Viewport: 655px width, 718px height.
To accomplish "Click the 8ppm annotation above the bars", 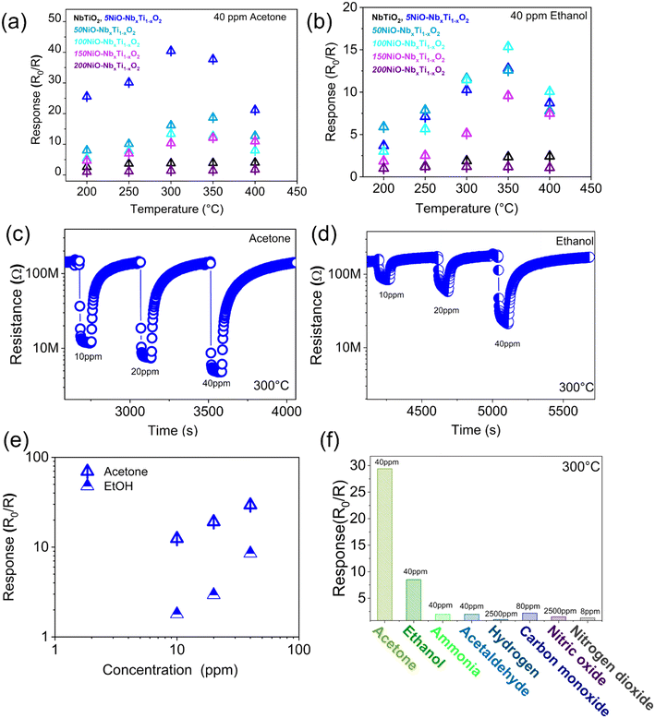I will click(588, 611).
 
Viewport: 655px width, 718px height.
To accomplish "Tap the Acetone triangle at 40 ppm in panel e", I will click(250, 505).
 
